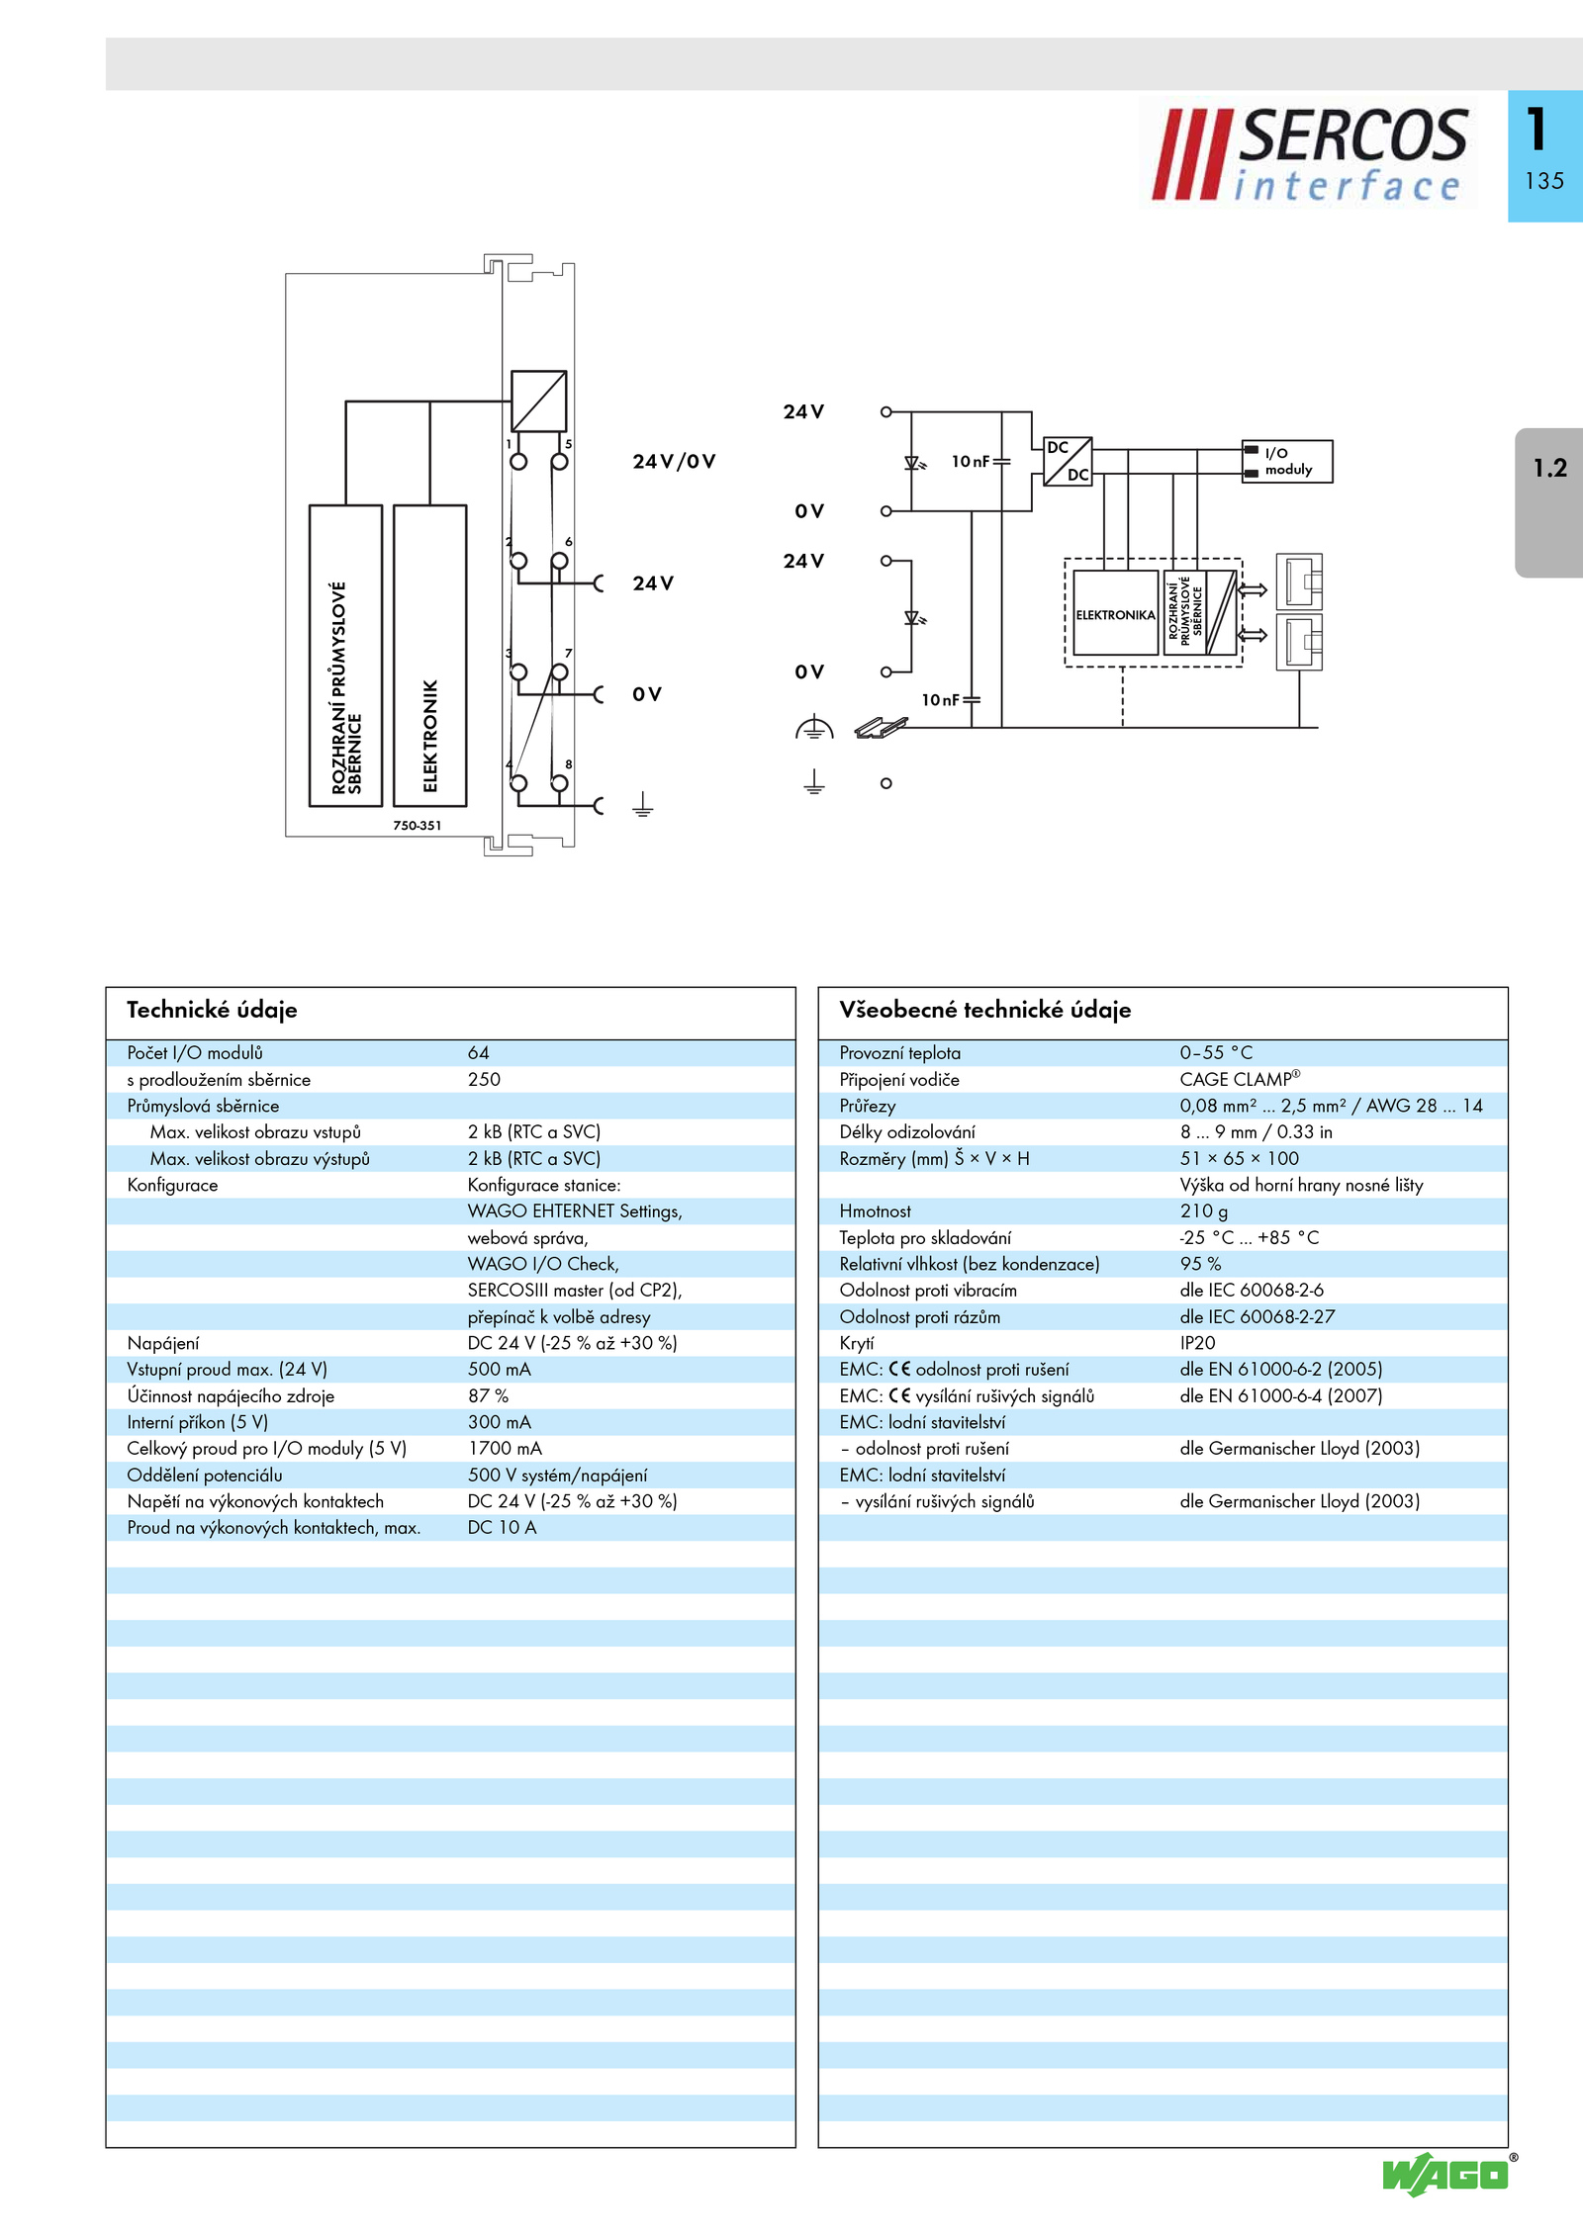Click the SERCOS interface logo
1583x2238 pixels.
click(1308, 153)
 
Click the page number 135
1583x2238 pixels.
click(1544, 181)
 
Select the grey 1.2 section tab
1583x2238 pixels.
click(1549, 502)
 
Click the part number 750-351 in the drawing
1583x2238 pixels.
click(418, 825)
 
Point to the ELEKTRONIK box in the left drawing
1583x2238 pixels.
click(430, 656)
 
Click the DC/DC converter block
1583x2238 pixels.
click(1068, 461)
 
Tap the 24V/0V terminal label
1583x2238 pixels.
click(675, 461)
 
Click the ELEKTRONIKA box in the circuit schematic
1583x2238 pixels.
click(1116, 613)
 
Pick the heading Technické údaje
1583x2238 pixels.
click(212, 1010)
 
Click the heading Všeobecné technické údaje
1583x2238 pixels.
click(985, 1010)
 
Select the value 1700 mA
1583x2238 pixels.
click(505, 1449)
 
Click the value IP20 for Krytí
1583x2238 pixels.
click(1197, 1343)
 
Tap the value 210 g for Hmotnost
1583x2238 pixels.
click(1203, 1211)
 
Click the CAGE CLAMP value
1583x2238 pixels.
click(1240, 1079)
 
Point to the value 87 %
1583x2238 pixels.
click(488, 1396)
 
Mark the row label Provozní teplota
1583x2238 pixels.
click(899, 1053)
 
